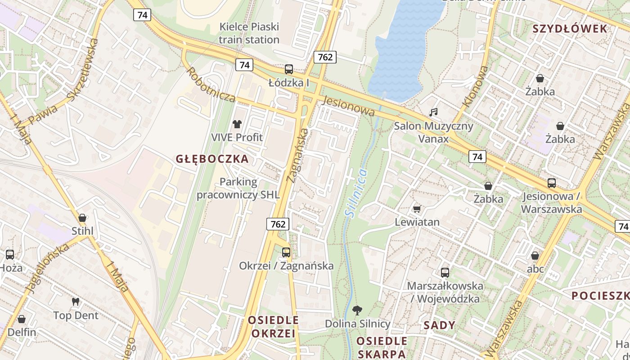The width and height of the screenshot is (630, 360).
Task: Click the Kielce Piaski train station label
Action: pos(249,33)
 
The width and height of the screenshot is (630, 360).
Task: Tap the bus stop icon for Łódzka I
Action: pos(289,69)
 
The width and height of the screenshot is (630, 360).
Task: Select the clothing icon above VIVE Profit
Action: pos(237,124)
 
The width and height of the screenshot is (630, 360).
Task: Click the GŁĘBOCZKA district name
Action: pos(212,159)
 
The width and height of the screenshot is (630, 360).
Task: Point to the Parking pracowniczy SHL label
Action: pos(238,189)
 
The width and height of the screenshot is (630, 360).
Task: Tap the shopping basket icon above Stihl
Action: pos(82,218)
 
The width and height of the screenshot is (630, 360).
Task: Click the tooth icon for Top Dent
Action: pos(76,302)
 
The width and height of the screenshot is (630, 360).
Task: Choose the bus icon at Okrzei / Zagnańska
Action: pos(286,252)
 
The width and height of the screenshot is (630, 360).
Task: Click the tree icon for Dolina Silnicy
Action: pos(357,310)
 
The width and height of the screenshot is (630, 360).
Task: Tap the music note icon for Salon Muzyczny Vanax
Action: pos(433,112)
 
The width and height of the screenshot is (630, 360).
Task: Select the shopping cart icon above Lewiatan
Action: pos(417,209)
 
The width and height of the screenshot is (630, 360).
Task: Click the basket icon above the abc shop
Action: pos(535,256)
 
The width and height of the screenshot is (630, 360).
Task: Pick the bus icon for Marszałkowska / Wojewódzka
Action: pos(445,272)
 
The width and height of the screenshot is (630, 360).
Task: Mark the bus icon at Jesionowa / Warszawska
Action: pos(552,183)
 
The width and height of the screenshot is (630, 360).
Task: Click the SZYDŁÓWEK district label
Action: pos(570,29)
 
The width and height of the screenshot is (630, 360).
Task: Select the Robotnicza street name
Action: pos(211,85)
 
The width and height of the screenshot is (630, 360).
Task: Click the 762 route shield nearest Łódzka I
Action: pos(325,57)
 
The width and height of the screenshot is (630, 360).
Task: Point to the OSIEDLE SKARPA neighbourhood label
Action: pos(382,347)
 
